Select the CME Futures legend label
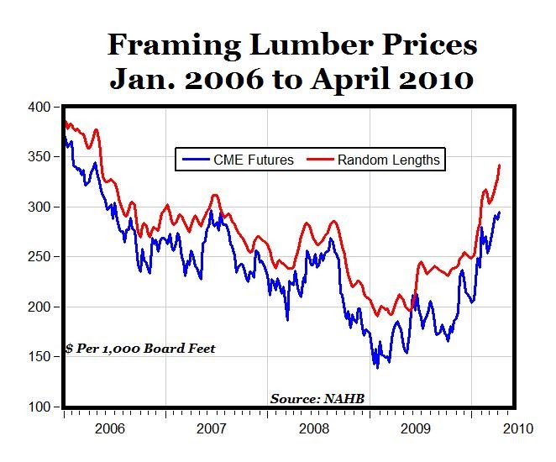point(253,160)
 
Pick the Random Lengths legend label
point(388,160)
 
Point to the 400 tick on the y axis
point(39,108)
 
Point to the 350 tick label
point(39,157)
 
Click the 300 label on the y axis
point(39,207)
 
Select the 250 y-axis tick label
point(39,257)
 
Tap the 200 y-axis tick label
point(39,307)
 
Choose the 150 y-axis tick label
point(39,357)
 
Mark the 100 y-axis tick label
point(39,407)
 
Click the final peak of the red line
point(500,165)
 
